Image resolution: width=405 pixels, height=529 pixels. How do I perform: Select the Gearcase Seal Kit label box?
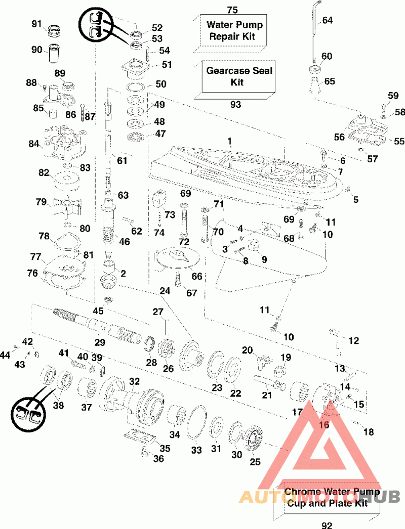(239, 76)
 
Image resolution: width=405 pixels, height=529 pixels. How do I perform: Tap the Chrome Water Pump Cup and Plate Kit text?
(326, 497)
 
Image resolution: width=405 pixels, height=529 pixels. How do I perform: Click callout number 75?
(232, 10)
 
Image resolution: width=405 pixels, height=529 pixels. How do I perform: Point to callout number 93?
(235, 105)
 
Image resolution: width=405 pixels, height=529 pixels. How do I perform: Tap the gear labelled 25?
(253, 439)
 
